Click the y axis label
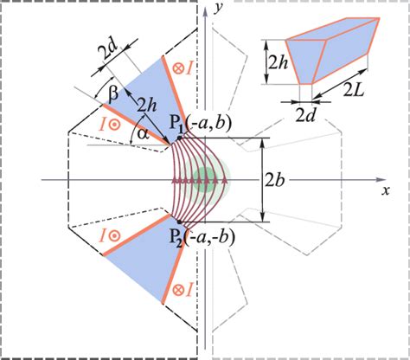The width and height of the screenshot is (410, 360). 219,9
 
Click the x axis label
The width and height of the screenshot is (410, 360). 385,190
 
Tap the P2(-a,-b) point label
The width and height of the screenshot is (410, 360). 202,237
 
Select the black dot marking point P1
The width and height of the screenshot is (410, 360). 179,138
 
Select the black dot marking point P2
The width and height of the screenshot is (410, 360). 179,222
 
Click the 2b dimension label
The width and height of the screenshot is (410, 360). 275,181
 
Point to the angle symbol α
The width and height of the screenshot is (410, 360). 144,133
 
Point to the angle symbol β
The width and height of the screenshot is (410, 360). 113,94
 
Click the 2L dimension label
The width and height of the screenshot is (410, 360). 354,90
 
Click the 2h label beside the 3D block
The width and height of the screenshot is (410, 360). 278,63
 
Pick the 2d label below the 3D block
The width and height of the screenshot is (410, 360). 305,115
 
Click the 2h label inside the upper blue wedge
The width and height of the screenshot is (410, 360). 147,106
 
